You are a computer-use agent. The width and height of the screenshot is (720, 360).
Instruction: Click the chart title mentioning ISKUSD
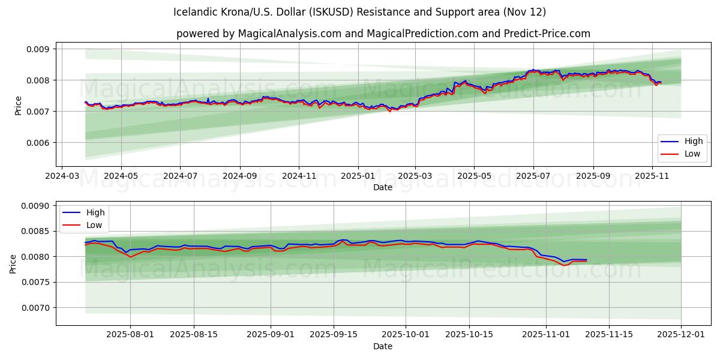[359, 12]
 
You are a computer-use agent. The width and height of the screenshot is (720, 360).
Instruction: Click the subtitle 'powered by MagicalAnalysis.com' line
[383, 34]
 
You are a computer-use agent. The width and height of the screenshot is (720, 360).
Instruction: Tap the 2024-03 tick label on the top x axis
[62, 177]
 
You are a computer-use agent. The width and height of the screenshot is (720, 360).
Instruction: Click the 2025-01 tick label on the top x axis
[358, 177]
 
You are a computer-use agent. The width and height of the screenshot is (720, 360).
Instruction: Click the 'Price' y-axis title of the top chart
[18, 106]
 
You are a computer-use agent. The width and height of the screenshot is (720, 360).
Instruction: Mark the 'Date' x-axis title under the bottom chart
[383, 346]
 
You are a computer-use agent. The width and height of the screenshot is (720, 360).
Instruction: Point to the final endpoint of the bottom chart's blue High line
[586, 260]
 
